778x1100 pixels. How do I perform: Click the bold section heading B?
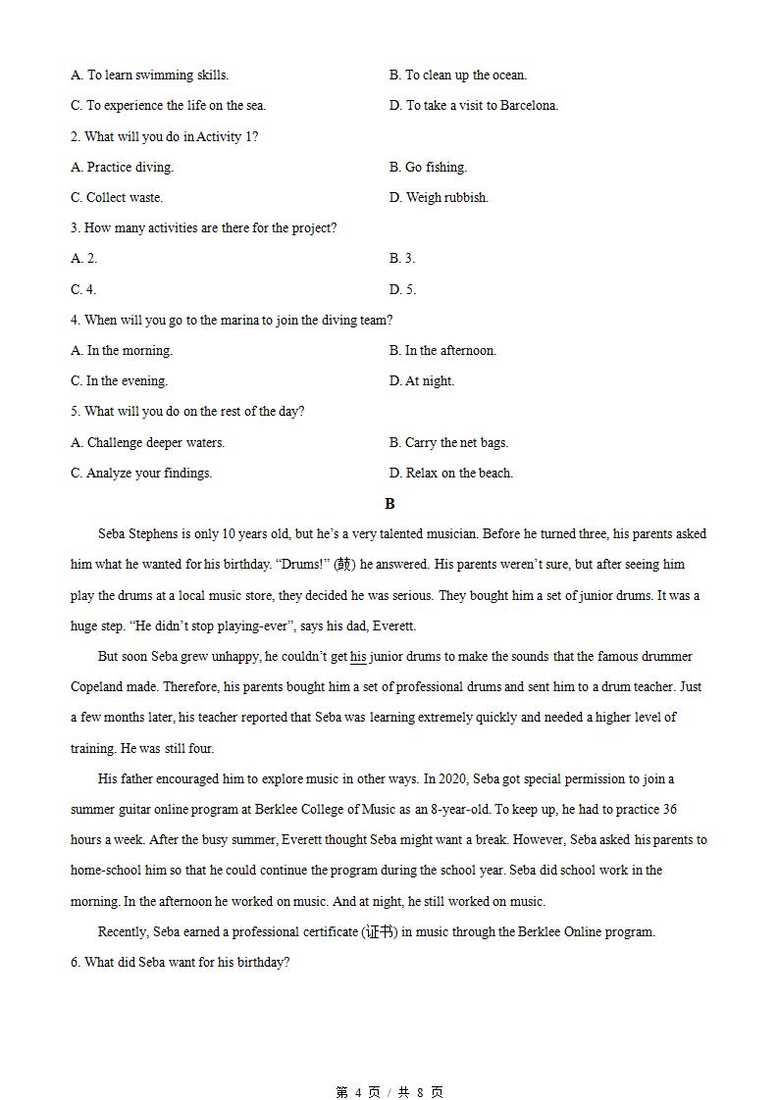point(389,504)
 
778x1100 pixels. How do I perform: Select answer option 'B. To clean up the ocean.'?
point(457,75)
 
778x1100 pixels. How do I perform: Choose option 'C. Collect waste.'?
point(117,197)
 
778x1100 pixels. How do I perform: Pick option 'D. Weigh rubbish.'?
point(439,197)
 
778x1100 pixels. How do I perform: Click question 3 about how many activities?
point(203,227)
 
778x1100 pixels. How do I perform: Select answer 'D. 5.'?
point(402,289)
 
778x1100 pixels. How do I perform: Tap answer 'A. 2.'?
point(84,258)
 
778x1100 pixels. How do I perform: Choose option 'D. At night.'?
point(422,380)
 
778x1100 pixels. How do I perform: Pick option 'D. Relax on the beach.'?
point(451,473)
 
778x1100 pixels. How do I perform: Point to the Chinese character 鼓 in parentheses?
point(343,565)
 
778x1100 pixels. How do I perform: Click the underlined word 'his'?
point(358,657)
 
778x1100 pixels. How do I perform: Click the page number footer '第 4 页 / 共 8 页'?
point(389,1092)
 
